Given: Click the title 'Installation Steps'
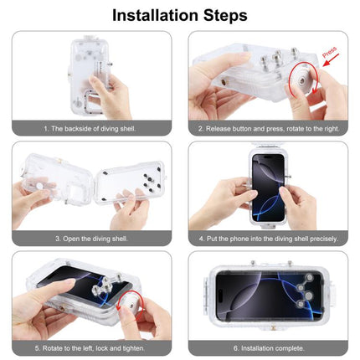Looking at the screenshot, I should click(x=179, y=15).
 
